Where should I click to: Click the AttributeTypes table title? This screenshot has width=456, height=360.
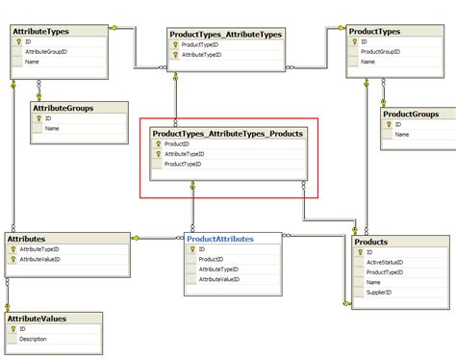39,33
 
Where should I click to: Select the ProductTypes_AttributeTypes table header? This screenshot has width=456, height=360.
224,35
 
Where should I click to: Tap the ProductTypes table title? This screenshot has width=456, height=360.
375,33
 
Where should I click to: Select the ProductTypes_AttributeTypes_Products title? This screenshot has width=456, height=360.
228,133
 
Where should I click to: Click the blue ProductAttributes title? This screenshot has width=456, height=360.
220,238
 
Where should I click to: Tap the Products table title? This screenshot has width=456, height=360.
371,243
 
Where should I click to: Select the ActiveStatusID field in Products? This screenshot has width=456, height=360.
385,261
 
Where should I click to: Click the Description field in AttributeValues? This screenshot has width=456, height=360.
34,339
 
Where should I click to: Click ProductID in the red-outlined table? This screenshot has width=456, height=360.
177,144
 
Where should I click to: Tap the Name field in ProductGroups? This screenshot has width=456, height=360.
401,135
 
